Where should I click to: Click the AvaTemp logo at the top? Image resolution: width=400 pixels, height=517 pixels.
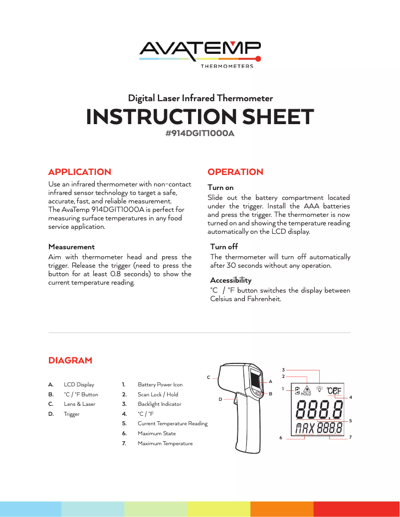point(200,52)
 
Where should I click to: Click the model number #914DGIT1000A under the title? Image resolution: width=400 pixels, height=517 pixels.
point(200,134)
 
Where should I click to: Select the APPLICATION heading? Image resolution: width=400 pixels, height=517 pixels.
point(80,172)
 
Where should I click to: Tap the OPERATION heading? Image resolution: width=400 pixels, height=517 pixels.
point(235,172)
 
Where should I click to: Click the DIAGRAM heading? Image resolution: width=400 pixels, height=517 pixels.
point(70,360)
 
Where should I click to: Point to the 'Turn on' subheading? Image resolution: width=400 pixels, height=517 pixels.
point(220,188)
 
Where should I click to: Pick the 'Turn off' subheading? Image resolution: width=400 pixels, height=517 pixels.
point(224,247)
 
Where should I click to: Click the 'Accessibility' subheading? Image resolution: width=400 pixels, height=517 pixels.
point(230,280)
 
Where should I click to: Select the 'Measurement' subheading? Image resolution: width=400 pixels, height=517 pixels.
point(71,247)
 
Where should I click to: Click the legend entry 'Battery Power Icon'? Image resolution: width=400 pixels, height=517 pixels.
point(160,385)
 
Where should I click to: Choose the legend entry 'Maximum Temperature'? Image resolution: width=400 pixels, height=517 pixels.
point(165,443)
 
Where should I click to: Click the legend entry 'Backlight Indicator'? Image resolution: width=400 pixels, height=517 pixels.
point(159,404)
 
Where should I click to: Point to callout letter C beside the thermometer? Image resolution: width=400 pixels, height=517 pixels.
point(208,377)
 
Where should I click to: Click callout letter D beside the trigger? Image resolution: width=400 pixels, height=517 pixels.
point(220,399)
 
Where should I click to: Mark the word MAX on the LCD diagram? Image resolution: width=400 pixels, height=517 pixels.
point(305,428)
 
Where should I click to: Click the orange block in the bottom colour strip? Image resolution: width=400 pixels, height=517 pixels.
point(281,509)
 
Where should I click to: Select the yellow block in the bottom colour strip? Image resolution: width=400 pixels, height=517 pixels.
point(218,509)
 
